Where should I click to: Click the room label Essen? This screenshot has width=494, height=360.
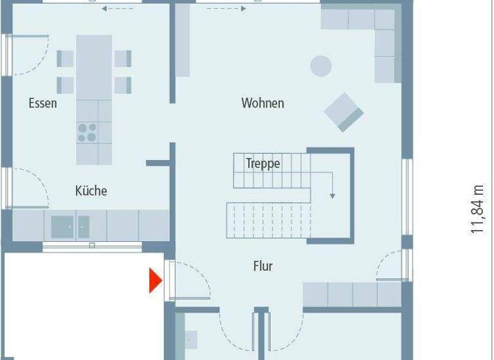point(42,103)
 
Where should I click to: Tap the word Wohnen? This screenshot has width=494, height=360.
point(262,103)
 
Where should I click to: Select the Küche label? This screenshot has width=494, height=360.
point(91,191)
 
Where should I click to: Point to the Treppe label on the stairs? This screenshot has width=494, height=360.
point(263,163)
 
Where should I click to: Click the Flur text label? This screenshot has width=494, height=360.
point(263,266)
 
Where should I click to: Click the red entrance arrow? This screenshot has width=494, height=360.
point(155,281)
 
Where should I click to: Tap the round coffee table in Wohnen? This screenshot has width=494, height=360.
point(321,66)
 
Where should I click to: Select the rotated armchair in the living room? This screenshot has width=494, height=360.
point(343,112)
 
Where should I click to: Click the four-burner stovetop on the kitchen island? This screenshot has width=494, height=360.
point(87,131)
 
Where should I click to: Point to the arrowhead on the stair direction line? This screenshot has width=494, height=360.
point(333,195)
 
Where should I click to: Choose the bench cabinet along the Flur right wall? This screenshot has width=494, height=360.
point(352,294)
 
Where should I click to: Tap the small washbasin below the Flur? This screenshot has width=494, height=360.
point(190,339)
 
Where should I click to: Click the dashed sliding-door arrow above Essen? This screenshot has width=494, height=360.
point(114,9)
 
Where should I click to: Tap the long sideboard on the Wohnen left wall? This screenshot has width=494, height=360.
point(183,40)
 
